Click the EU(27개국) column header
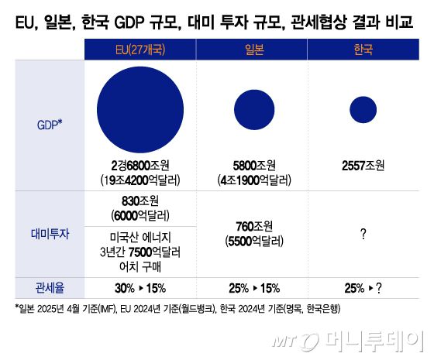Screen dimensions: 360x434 coord(139,50)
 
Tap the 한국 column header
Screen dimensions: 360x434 coord(363,50)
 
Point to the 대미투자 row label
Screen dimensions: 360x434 coord(48,233)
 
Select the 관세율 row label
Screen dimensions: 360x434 coord(48,287)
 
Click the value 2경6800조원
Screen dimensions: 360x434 coord(139,166)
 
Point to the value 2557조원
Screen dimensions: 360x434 coord(363,166)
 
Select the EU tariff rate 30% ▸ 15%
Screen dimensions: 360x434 coord(139,287)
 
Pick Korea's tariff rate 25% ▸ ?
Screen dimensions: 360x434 coord(363,287)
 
